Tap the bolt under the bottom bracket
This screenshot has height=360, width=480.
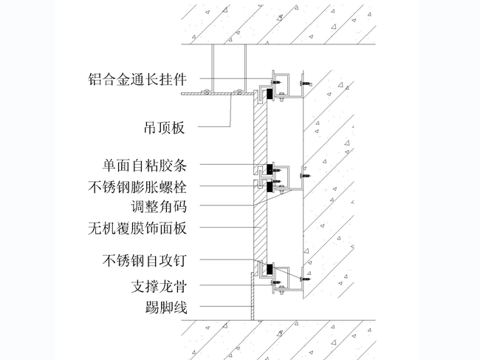pyautogui.click(x=279, y=284)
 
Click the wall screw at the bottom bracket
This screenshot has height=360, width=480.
pyautogui.click(x=304, y=279)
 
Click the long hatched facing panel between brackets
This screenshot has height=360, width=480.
pyautogui.click(x=259, y=214)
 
